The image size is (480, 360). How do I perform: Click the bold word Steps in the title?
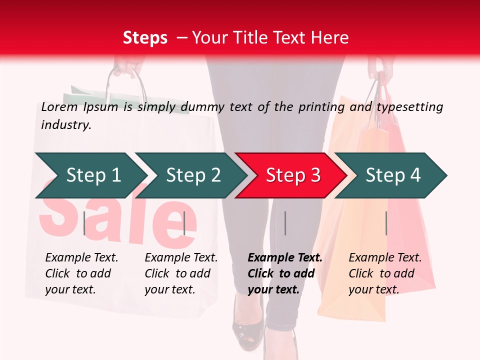tap(145, 38)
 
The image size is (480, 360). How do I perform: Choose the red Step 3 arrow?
tap(292, 175)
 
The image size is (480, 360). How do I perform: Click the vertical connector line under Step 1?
tap(84, 223)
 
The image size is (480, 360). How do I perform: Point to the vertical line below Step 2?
tap(184, 223)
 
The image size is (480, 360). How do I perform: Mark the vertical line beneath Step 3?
tap(285, 223)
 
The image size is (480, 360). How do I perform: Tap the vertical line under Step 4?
tap(386, 223)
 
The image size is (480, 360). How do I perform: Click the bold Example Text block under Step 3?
tap(284, 273)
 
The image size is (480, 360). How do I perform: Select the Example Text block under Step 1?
tap(81, 273)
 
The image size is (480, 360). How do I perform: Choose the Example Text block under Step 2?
tap(181, 273)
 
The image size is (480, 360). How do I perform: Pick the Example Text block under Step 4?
tap(385, 273)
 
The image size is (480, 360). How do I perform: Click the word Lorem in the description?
tap(59, 107)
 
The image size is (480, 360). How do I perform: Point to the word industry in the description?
tap(66, 125)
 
